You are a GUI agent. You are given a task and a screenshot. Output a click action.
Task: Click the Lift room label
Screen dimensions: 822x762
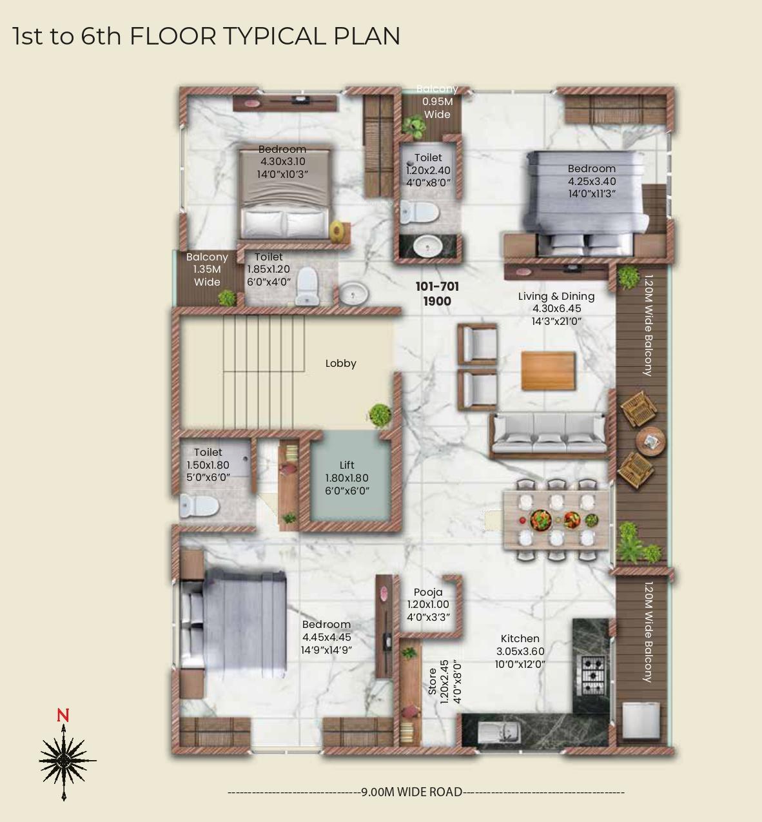click(x=347, y=465)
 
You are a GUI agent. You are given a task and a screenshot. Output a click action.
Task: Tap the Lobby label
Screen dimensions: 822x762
click(x=340, y=364)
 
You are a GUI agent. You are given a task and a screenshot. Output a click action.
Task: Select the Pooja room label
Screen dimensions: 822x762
click(x=428, y=592)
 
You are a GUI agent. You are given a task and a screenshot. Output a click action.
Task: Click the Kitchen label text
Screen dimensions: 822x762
click(x=520, y=639)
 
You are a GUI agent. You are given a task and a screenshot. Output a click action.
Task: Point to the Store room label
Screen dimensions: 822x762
click(x=433, y=681)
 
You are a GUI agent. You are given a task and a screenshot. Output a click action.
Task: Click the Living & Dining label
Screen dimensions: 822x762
click(x=556, y=297)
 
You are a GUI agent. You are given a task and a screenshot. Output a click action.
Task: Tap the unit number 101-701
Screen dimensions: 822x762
click(x=437, y=286)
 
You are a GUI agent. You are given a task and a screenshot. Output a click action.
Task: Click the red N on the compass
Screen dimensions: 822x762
click(x=63, y=715)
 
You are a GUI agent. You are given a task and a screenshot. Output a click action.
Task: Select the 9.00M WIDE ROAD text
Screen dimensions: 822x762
click(x=412, y=792)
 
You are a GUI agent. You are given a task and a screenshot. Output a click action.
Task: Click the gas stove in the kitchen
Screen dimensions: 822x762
click(x=592, y=675)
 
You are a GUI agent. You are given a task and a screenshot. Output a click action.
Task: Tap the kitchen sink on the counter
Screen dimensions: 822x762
click(x=500, y=732)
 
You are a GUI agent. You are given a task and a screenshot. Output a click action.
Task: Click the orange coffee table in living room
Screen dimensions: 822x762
click(x=548, y=371)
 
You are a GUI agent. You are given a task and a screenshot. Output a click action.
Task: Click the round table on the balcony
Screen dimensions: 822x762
click(x=650, y=442)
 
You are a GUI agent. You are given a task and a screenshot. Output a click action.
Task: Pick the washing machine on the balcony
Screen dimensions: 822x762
click(x=641, y=720)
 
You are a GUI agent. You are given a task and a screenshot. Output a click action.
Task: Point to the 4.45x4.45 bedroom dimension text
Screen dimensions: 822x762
click(x=327, y=638)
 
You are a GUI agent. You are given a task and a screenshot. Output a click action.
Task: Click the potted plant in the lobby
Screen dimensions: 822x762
click(x=380, y=413)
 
